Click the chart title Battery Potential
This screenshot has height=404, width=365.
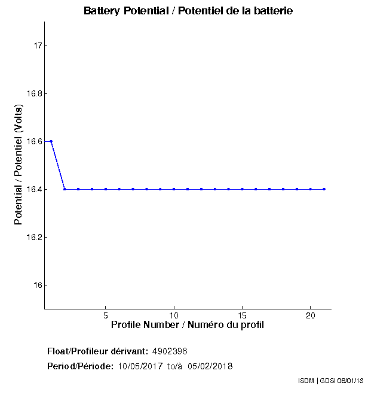188,11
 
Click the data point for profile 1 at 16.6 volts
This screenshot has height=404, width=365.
51,141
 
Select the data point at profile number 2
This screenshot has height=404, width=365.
65,189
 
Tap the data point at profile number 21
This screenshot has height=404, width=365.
324,189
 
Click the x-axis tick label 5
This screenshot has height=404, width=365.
106,315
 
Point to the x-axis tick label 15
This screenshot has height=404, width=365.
242,315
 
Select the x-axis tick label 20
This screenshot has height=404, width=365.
310,315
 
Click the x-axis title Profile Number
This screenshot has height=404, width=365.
188,325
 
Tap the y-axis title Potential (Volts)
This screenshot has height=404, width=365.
19,165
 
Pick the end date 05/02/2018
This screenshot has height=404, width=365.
210,366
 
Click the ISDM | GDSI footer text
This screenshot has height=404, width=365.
330,381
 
